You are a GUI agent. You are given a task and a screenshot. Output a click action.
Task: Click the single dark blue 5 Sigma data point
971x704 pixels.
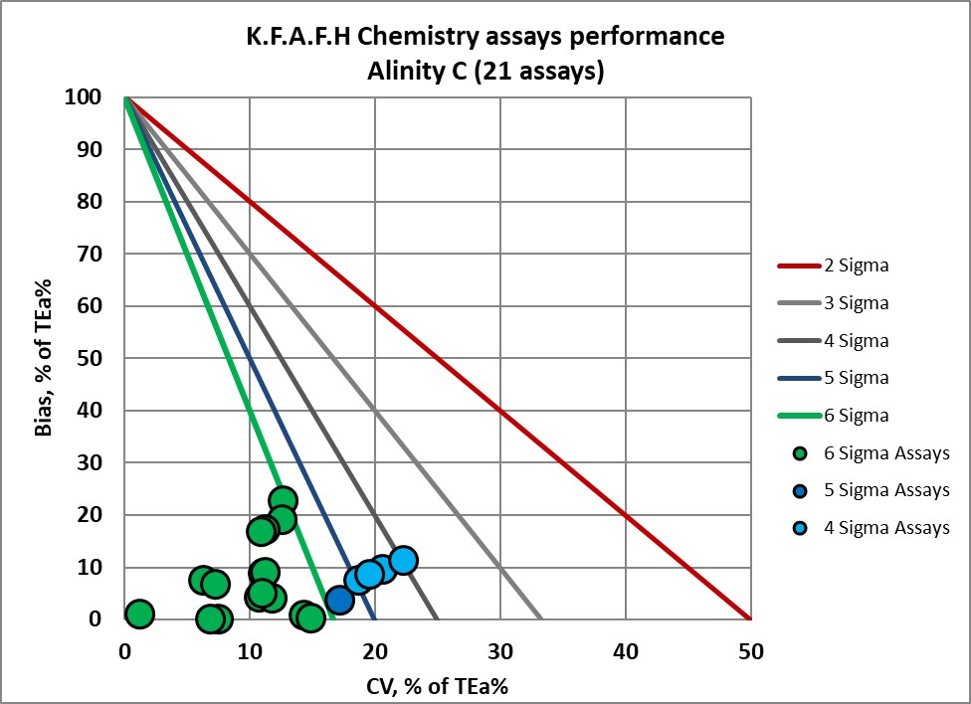pyautogui.click(x=339, y=600)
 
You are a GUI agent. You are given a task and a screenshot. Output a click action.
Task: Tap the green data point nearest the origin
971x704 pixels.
pyautogui.click(x=139, y=614)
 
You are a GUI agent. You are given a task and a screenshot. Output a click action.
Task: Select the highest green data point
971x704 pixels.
pyautogui.click(x=283, y=500)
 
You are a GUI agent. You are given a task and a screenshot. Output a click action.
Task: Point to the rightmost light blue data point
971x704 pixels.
pyautogui.click(x=403, y=560)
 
